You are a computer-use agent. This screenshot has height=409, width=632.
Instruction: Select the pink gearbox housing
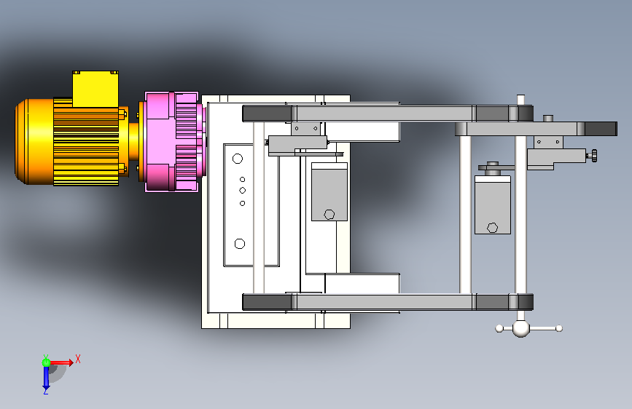[x=173, y=142]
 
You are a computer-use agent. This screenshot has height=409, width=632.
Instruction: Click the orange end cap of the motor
[x=34, y=142]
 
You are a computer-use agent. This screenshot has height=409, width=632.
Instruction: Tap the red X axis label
[x=78, y=359]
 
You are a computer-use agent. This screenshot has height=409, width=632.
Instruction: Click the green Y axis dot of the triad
[x=46, y=362]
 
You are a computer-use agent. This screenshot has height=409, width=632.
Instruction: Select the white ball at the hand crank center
[x=520, y=328]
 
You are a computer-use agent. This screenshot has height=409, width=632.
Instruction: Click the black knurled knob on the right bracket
[x=594, y=156]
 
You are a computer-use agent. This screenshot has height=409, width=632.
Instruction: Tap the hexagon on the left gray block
[x=329, y=215]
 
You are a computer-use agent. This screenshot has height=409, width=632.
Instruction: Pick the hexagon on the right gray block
[x=492, y=228]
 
